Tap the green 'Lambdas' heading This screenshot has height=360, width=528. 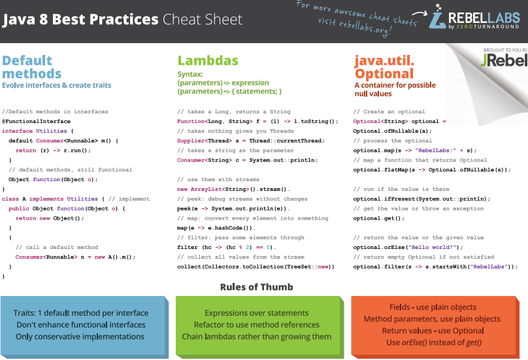pyautogui.click(x=208, y=61)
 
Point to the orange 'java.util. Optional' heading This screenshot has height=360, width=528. pyautogui.click(x=384, y=67)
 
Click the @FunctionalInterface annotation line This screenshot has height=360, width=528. pyautogui.click(x=36, y=122)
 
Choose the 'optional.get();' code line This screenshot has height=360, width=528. pyautogui.click(x=375, y=218)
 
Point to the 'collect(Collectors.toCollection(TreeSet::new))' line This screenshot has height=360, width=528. pyautogui.click(x=256, y=267)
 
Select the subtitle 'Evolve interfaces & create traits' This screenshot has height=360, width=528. pyautogui.click(x=57, y=85)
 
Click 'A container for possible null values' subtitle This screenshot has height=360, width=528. pyautogui.click(x=395, y=90)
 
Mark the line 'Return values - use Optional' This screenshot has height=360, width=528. pyautogui.click(x=432, y=330)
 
